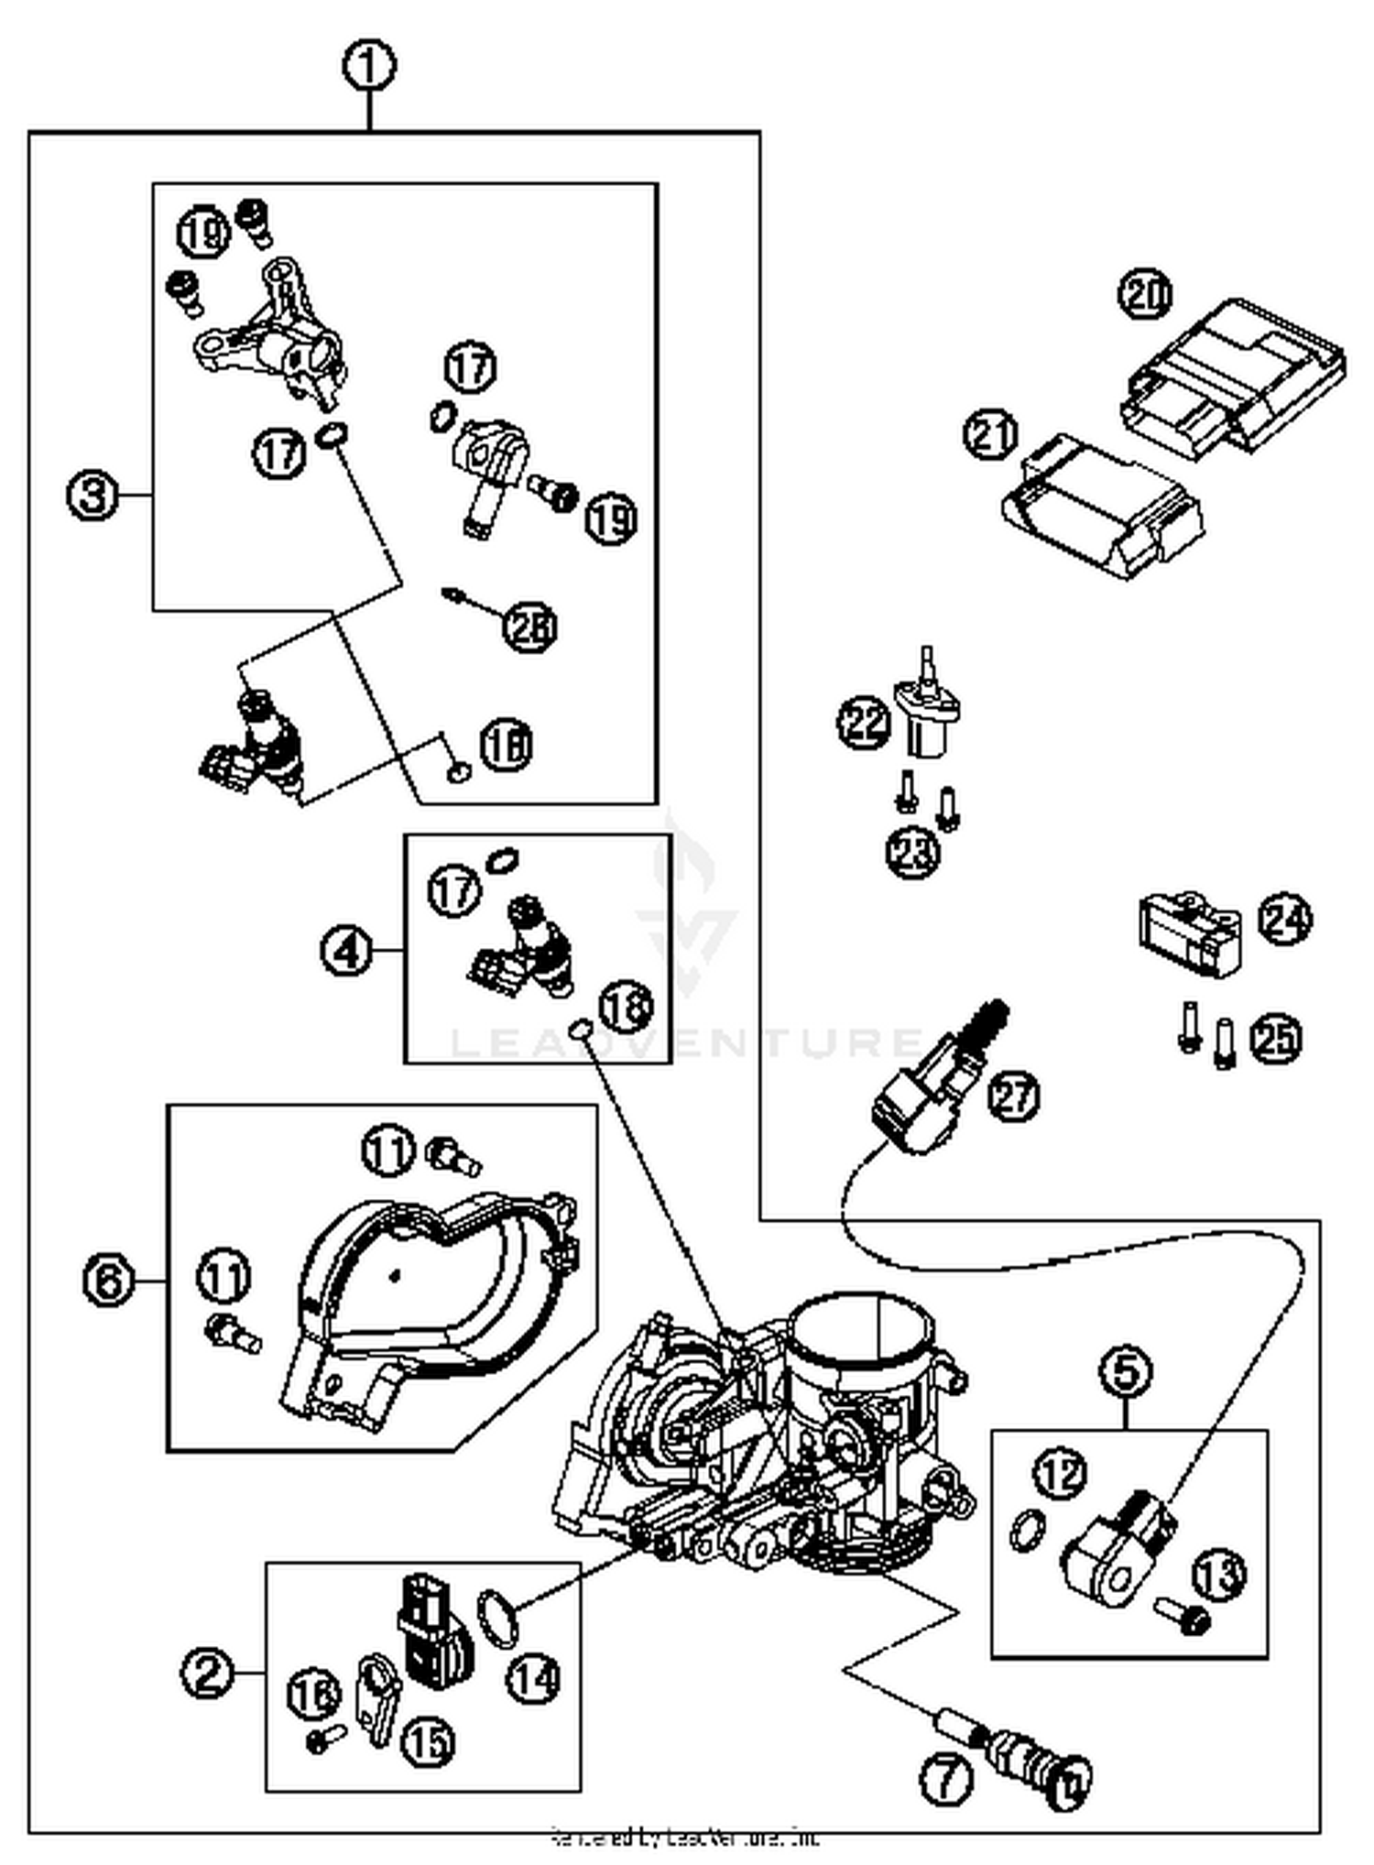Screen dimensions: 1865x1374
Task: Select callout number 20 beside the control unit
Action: pyautogui.click(x=1145, y=295)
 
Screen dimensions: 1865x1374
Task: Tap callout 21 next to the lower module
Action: pyautogui.click(x=991, y=435)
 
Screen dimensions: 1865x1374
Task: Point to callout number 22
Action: pyautogui.click(x=864, y=723)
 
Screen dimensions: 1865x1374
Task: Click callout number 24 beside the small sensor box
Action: pyautogui.click(x=1284, y=919)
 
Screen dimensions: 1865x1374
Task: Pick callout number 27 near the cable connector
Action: pyautogui.click(x=1014, y=1096)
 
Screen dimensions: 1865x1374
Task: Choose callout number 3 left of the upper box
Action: pyautogui.click(x=93, y=496)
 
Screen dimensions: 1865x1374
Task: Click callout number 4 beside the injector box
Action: pyautogui.click(x=347, y=951)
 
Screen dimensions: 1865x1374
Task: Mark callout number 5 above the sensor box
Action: pyautogui.click(x=1126, y=1372)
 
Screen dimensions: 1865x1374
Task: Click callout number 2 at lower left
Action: pyautogui.click(x=207, y=1674)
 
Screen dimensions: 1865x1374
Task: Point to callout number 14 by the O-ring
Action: pyautogui.click(x=533, y=1678)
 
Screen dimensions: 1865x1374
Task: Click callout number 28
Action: pyautogui.click(x=530, y=627)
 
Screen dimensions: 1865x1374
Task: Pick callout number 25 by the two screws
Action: pyautogui.click(x=1275, y=1038)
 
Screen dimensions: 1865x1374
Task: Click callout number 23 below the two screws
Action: pyautogui.click(x=914, y=852)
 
